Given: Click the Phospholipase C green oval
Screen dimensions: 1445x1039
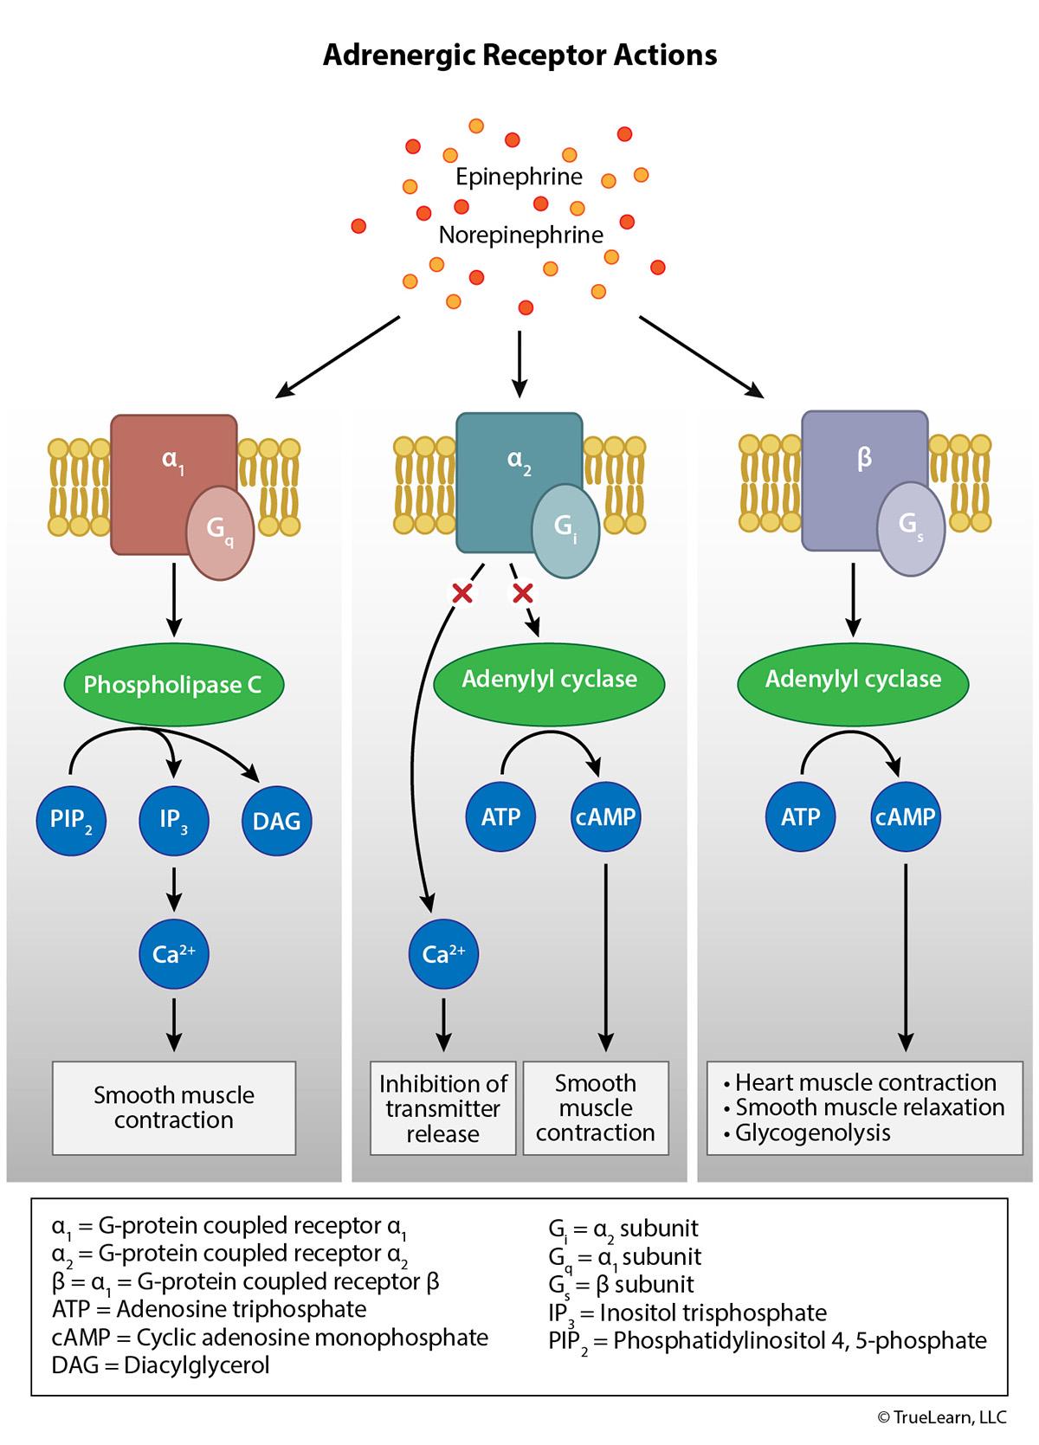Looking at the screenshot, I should point(173,685).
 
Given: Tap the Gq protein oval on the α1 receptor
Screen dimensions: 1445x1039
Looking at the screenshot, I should point(220,532).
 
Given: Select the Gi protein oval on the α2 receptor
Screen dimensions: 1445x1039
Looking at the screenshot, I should point(565,530).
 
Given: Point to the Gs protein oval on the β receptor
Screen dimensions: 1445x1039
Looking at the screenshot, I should point(910,528).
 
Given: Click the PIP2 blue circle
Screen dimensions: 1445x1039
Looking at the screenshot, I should point(71,820).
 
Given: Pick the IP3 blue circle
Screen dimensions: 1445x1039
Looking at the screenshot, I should point(173,820).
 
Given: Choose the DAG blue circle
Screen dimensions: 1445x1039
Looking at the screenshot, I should point(276,821).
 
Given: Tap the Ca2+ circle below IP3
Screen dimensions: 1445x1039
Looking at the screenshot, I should point(174,954).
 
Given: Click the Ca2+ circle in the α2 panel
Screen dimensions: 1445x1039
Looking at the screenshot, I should point(443,954).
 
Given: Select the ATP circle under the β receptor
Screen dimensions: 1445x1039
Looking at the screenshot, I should point(800,816).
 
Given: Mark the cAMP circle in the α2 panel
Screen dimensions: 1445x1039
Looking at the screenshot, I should point(605,816).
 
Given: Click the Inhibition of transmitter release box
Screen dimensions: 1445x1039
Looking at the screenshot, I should point(443,1108).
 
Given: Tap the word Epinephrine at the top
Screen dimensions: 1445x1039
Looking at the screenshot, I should point(519,177).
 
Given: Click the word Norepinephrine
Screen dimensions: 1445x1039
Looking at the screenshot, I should point(520,235).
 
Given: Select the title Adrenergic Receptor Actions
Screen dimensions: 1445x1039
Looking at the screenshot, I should point(519,55).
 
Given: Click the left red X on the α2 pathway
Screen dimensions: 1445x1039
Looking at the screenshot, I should point(462,593).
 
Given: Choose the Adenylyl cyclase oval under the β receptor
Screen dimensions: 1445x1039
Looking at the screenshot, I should point(853,681).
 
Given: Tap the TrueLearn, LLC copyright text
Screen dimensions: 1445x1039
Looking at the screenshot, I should point(942,1417).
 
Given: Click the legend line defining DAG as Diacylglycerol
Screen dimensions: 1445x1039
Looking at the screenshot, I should point(161,1365).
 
